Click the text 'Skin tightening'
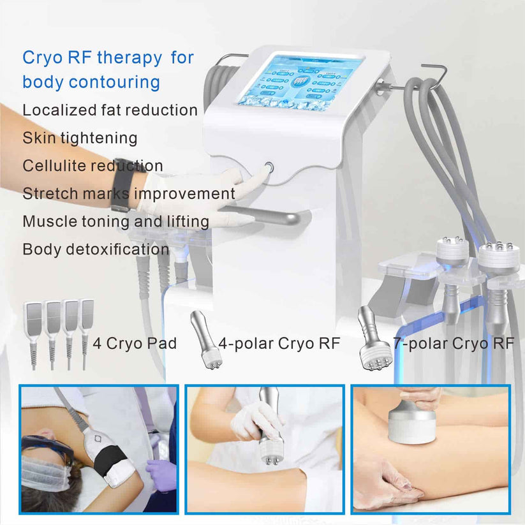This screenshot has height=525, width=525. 80,137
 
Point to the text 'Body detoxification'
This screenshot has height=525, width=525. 96,249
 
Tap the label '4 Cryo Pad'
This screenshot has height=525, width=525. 135,344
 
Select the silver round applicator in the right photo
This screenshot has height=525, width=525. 412,425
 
